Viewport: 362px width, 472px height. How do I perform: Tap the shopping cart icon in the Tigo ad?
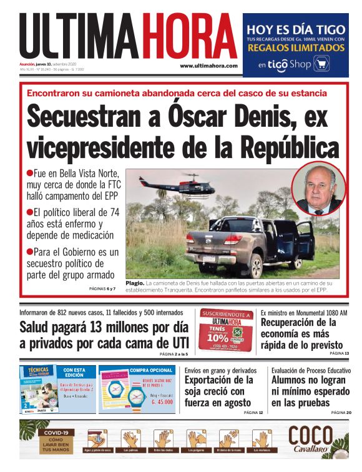[x=321, y=64]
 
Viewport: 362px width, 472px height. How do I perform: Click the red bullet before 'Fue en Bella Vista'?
[x=29, y=172]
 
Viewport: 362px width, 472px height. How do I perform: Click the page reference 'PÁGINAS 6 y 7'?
[x=103, y=289]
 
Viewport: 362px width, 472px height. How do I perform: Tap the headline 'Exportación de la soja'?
[x=220, y=391]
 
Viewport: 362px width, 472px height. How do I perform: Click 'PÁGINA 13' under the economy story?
[x=340, y=354]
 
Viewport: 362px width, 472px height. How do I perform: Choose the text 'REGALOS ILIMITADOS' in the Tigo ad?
[x=295, y=47]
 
